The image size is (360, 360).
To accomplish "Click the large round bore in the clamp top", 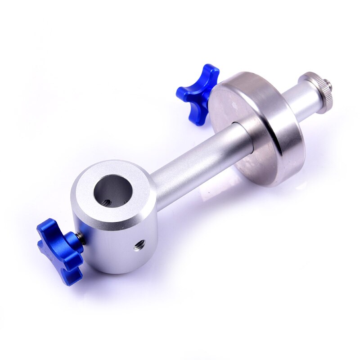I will click(112, 192).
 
